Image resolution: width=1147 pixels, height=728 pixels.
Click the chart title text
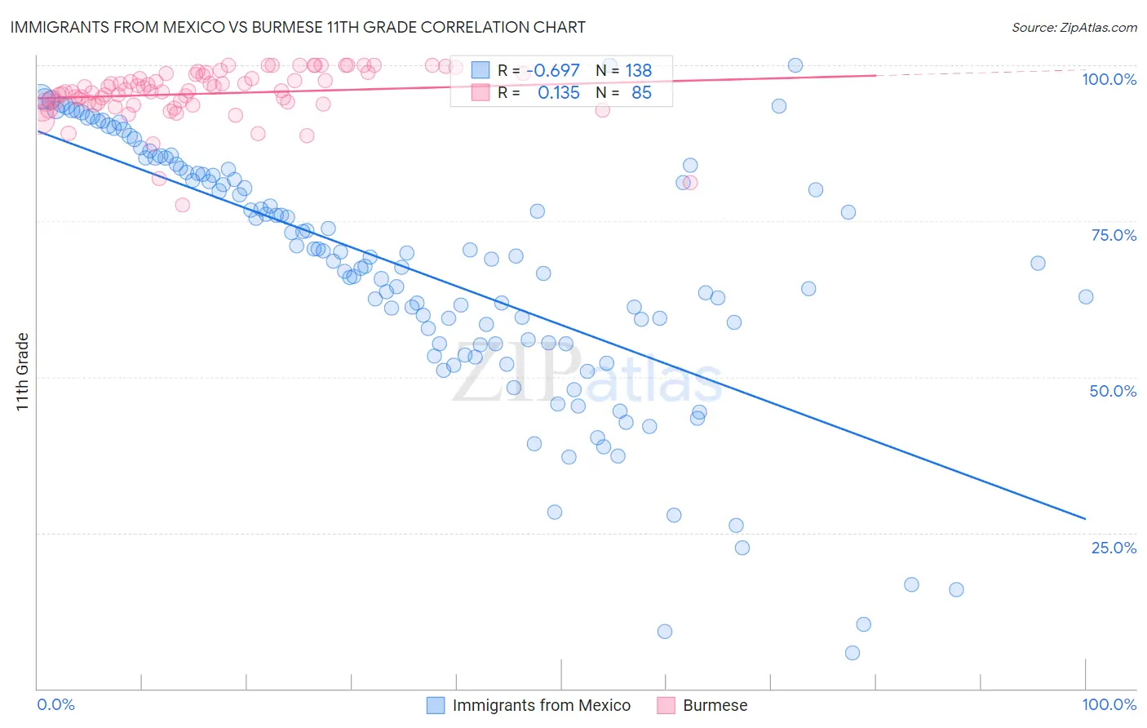tap(298, 27)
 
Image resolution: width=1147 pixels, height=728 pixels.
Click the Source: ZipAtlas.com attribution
tap(1074, 27)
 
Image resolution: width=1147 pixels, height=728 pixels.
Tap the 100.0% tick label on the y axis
tap(1109, 79)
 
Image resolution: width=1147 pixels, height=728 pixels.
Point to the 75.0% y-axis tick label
tap(1113, 235)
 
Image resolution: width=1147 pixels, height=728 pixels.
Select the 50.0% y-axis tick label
tap(1113, 391)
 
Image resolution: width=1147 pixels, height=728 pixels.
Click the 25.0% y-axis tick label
tap(1113, 548)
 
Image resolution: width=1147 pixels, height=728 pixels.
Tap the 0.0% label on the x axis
tap(55, 704)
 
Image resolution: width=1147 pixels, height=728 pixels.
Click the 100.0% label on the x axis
tap(1109, 704)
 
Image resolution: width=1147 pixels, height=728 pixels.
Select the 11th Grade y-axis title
tap(23, 371)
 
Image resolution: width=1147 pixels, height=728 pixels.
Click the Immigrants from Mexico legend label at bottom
tap(542, 705)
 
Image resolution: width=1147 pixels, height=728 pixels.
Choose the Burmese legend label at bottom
tap(715, 705)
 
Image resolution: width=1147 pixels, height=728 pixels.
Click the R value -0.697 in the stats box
tap(552, 71)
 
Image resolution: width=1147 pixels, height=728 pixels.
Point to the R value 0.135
tap(558, 93)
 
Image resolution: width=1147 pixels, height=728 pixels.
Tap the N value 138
tap(639, 71)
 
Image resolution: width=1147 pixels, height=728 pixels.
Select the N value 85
tap(641, 93)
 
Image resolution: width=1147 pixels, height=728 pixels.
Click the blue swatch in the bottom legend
tap(436, 705)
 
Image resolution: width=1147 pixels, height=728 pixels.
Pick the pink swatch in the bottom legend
tap(666, 705)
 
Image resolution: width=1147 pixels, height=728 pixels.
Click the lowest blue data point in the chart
tap(852, 653)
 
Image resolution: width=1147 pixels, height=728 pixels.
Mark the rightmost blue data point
tap(1086, 297)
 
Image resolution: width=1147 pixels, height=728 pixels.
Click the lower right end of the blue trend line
tap(1085, 518)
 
